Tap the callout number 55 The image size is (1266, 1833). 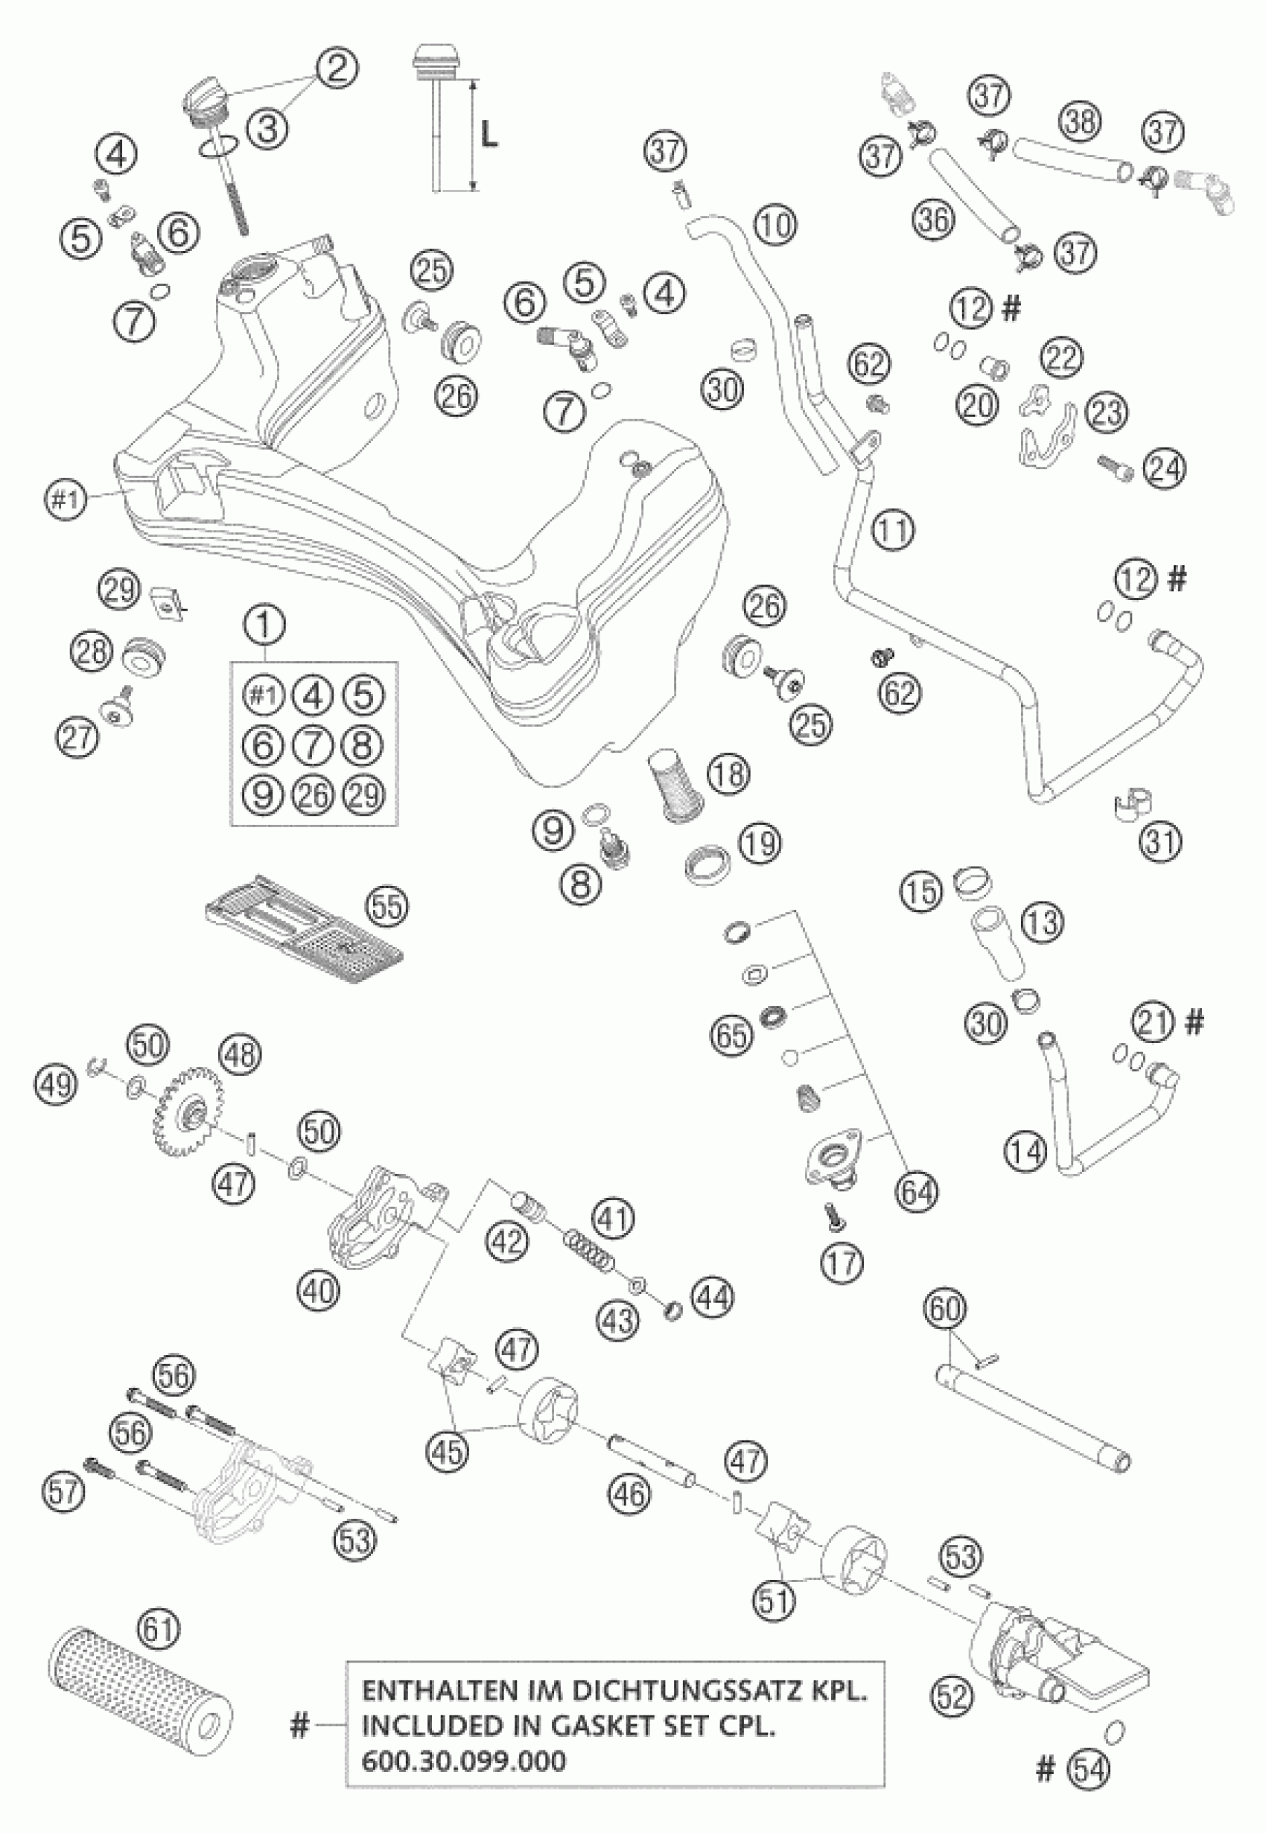[x=388, y=906]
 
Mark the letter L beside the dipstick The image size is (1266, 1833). [x=489, y=136]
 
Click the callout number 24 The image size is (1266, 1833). [x=1164, y=468]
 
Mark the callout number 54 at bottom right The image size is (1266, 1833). [x=1088, y=1786]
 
